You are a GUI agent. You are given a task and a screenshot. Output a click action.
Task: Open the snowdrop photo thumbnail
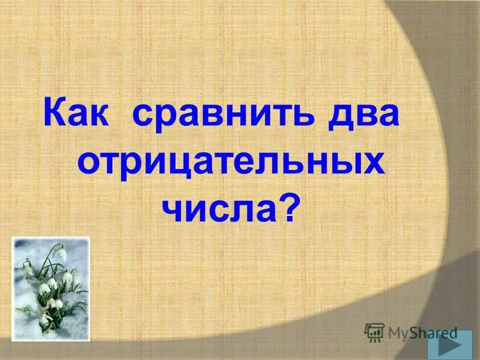(x=50, y=289)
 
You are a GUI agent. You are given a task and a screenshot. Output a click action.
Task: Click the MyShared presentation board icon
(x=374, y=331)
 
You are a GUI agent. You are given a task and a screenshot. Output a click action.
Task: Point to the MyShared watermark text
(x=422, y=332)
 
